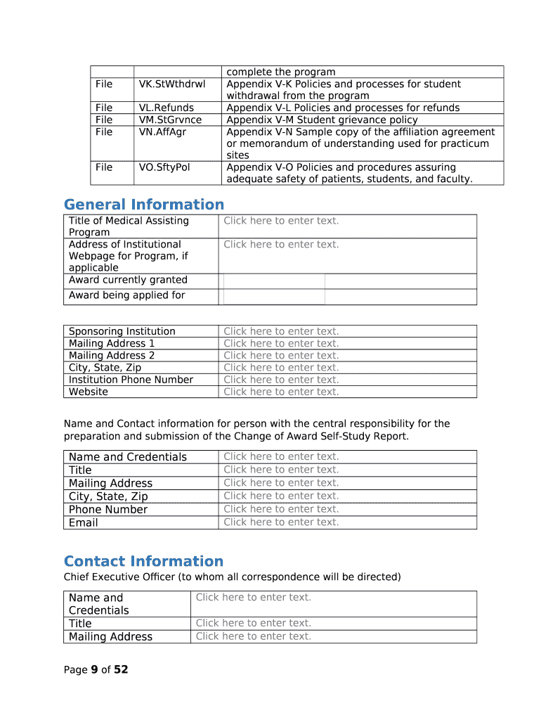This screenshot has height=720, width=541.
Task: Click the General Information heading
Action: coord(144,205)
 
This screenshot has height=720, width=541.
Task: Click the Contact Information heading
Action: coord(143,561)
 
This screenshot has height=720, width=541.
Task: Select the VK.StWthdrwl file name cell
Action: coord(172,84)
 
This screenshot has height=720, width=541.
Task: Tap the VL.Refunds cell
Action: coord(167,108)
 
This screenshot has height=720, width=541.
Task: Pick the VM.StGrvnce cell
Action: coord(170,120)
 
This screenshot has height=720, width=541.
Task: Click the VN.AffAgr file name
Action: coord(164,132)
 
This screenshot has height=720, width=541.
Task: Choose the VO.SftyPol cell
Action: coord(164,167)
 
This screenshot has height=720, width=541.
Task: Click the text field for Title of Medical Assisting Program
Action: coord(281,221)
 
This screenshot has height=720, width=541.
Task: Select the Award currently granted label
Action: coord(128,280)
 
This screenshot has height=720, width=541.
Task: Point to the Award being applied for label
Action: coord(126,295)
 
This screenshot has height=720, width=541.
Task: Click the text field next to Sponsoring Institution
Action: coord(281,331)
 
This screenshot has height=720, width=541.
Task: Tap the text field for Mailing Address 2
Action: coord(281,356)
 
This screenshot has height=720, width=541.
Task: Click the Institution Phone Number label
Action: coord(131,380)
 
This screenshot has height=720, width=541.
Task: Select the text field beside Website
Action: coord(281,392)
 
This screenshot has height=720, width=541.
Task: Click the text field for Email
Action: coord(281,522)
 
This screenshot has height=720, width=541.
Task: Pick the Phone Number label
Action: coord(108,510)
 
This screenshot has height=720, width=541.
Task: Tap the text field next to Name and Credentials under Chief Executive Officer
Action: coord(254,598)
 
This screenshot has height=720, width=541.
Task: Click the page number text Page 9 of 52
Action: coord(96,670)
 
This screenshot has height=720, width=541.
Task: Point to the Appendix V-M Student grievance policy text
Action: coord(322,120)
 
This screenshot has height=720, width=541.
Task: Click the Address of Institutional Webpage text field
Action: coord(281,245)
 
